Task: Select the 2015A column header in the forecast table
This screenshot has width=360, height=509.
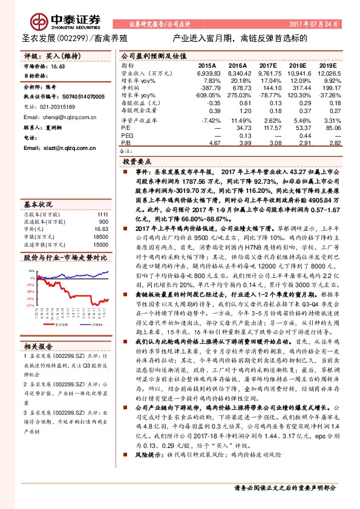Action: (x=207, y=65)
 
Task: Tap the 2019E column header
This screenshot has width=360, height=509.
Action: (x=327, y=65)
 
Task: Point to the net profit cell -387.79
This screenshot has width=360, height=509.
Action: (x=207, y=88)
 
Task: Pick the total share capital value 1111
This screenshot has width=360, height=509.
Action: (x=102, y=215)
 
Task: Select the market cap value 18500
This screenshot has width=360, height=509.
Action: (x=100, y=237)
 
